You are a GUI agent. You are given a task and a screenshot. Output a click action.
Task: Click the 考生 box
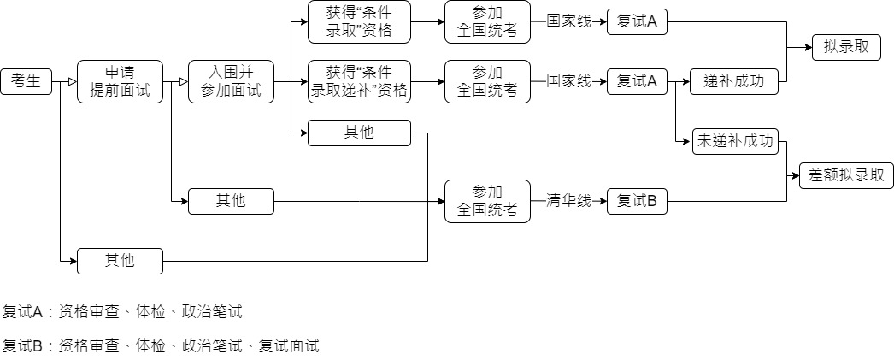[x=26, y=82]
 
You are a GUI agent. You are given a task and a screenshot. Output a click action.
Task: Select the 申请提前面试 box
[x=120, y=82]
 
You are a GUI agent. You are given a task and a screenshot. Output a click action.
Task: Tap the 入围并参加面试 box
[x=231, y=82]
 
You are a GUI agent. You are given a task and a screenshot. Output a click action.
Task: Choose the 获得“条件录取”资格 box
[x=359, y=22]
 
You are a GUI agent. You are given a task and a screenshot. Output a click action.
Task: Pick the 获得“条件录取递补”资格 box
[x=359, y=82]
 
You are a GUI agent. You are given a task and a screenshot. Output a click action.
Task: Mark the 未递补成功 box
[x=734, y=142]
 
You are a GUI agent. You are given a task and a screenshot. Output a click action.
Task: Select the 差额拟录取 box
[x=846, y=176]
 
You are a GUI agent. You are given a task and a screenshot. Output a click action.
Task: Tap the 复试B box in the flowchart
[x=637, y=202]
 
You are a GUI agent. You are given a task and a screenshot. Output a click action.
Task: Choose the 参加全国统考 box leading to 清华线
[x=487, y=202]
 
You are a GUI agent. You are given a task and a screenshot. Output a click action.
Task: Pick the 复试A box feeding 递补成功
[x=637, y=82]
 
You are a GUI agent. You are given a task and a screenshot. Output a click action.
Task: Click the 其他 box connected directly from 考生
[x=120, y=261]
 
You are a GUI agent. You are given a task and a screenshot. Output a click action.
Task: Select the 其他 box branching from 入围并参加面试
[x=359, y=133]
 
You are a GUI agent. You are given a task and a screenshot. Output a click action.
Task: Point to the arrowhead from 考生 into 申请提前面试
[x=72, y=82]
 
